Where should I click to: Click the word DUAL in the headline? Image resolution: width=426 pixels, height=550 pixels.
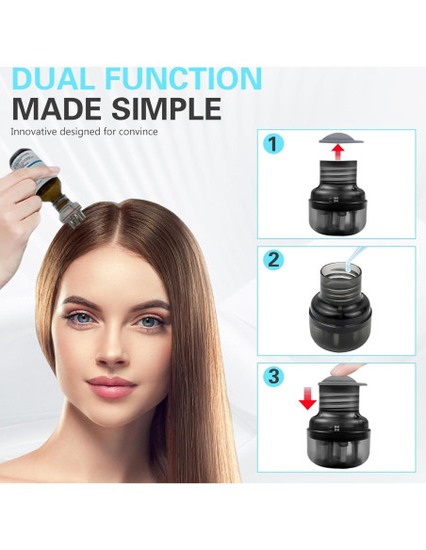point(54,78)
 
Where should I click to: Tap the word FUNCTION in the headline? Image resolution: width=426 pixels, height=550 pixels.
point(183,78)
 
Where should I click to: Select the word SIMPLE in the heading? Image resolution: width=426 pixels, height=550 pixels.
point(166,108)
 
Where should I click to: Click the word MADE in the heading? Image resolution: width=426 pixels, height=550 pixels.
point(57,108)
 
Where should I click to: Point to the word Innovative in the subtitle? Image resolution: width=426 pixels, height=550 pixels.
point(34,132)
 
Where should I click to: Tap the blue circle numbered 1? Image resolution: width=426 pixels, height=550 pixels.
point(273,144)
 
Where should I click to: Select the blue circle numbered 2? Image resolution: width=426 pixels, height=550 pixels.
point(273,260)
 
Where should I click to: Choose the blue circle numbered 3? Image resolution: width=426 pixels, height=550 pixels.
point(273,377)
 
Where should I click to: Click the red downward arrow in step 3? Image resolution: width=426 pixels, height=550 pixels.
point(308,398)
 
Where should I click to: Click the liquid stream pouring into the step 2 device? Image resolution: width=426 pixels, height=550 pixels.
point(353,258)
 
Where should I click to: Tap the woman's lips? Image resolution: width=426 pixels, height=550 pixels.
point(111,386)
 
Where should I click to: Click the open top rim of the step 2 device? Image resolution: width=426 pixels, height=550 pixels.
point(340,269)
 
